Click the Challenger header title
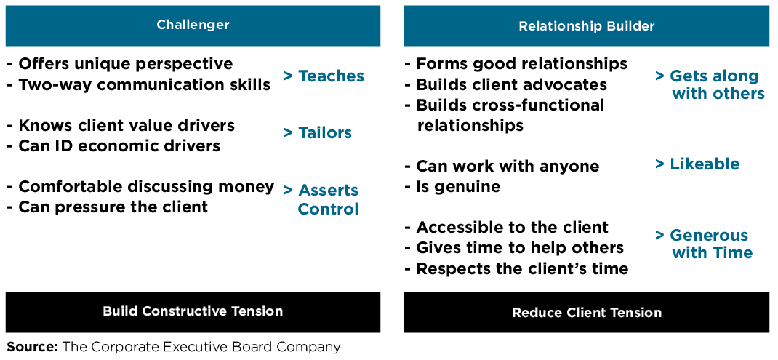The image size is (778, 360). (193, 25)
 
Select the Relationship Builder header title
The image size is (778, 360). (586, 26)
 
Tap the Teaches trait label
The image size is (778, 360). (324, 76)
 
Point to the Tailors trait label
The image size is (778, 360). (318, 132)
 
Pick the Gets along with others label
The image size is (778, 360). (710, 85)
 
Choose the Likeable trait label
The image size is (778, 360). (697, 164)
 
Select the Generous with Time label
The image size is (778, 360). (704, 244)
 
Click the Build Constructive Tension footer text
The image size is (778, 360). (193, 311)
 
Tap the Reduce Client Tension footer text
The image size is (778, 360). (586, 313)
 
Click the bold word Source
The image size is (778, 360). (32, 347)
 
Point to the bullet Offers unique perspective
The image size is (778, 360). (120, 64)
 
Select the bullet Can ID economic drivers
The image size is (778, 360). (113, 145)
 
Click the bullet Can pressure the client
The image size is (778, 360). (108, 207)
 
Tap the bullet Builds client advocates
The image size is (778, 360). (505, 84)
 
